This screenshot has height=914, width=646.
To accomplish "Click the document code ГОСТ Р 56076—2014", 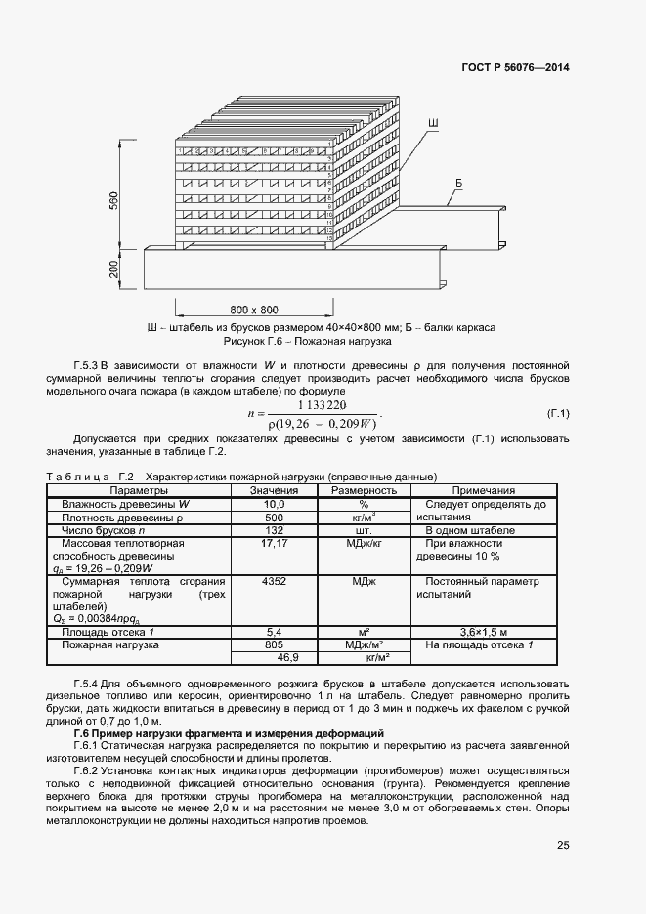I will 515,68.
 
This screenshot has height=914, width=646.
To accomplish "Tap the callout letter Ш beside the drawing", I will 432,122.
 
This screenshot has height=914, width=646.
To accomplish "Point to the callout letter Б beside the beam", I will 458,184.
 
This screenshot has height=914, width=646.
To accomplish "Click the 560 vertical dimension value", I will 113,202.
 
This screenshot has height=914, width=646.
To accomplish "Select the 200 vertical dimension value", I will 113,270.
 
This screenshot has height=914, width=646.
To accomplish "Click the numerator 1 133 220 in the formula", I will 323,404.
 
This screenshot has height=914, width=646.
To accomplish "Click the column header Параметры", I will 139,490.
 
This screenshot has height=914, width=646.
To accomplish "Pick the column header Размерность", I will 364,490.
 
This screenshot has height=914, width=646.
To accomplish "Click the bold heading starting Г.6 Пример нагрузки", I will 230,732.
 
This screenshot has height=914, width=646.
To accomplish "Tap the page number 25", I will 562,846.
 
